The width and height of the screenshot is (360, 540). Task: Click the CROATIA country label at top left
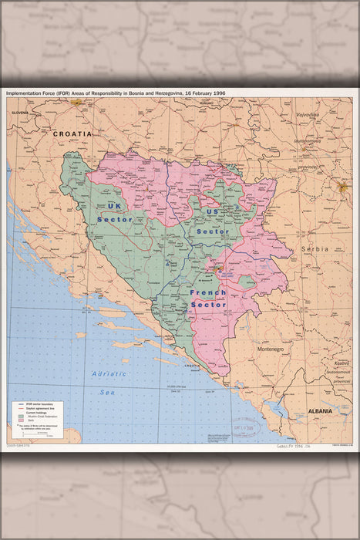[x=72, y=133]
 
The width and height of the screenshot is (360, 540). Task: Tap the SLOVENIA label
[x=19, y=113]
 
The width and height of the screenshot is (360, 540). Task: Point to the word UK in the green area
[x=115, y=206]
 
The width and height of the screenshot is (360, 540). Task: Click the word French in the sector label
[x=208, y=293]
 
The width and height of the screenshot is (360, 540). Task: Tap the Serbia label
[x=315, y=249]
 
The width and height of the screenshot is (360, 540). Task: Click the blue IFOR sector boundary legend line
[x=18, y=403]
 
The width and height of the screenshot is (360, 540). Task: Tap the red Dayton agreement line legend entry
[x=18, y=408]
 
